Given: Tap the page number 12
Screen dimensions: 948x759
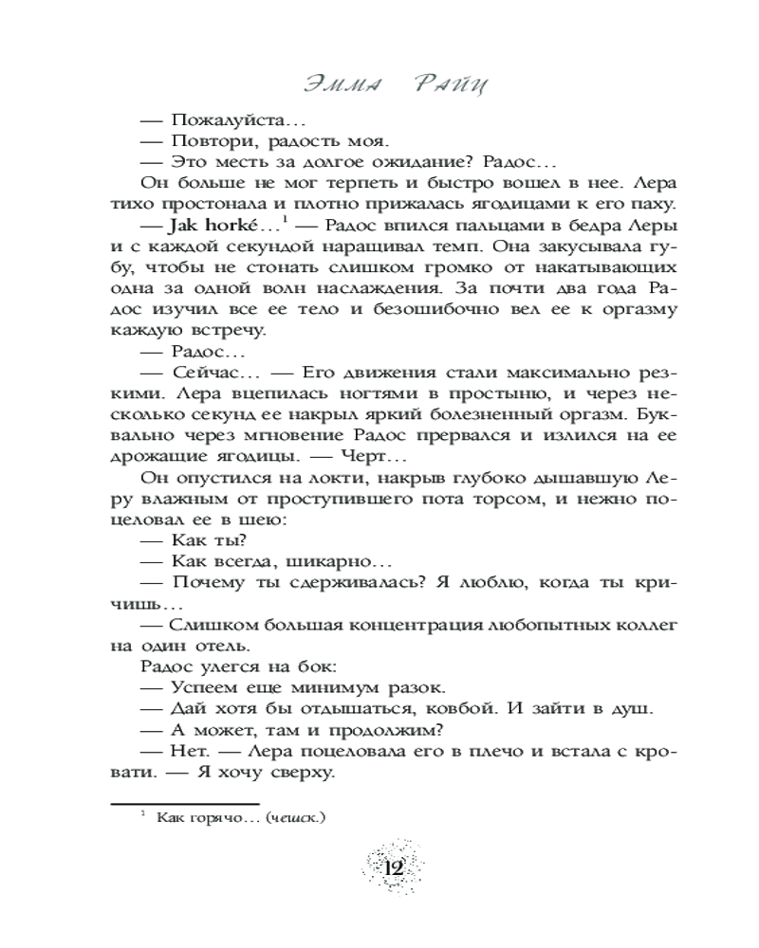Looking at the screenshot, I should (x=394, y=866).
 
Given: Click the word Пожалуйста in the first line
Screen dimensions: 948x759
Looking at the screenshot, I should (x=214, y=120).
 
